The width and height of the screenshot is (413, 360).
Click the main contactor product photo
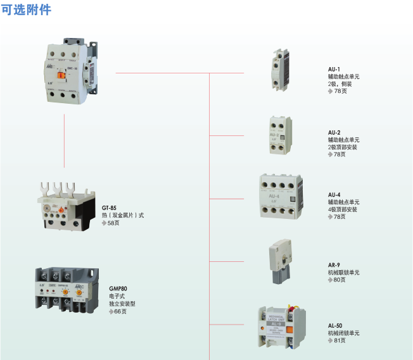point(73,69)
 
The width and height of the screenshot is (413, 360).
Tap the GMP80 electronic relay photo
point(66,289)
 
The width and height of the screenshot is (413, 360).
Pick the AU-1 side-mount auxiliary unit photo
point(279,71)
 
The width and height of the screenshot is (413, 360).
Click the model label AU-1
point(334,69)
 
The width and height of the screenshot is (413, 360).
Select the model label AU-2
point(334,132)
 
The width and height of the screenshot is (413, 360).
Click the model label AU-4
point(334,195)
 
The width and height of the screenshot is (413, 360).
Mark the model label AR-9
point(334,265)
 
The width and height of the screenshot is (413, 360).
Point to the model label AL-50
point(335,326)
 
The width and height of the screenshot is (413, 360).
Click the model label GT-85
point(109,208)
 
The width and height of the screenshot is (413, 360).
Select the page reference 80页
point(339,280)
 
